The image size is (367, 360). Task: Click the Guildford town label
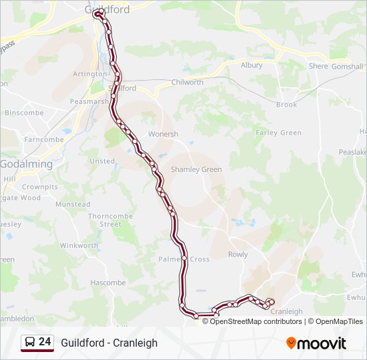tap(107, 10)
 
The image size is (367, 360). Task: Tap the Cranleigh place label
tap(288, 311)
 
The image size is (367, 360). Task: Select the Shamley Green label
tap(196, 169)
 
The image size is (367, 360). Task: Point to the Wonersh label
tap(163, 134)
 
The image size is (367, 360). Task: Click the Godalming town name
tap(26, 164)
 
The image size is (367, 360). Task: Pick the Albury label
tap(252, 65)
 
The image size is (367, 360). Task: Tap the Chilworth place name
tap(187, 82)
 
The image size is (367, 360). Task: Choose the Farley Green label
tap(278, 133)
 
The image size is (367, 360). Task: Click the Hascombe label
tap(108, 283)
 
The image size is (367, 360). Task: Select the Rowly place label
tap(238, 254)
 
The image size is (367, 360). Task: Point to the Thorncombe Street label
tap(110, 220)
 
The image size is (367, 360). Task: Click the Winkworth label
tap(79, 245)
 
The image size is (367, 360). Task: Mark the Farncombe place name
tap(43, 139)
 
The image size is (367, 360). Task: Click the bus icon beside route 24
tap(30, 343)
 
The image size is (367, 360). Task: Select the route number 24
tap(45, 342)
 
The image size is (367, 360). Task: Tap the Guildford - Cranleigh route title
tap(109, 343)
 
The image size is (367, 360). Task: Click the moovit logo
tap(316, 343)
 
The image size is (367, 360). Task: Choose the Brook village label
tap(286, 105)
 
